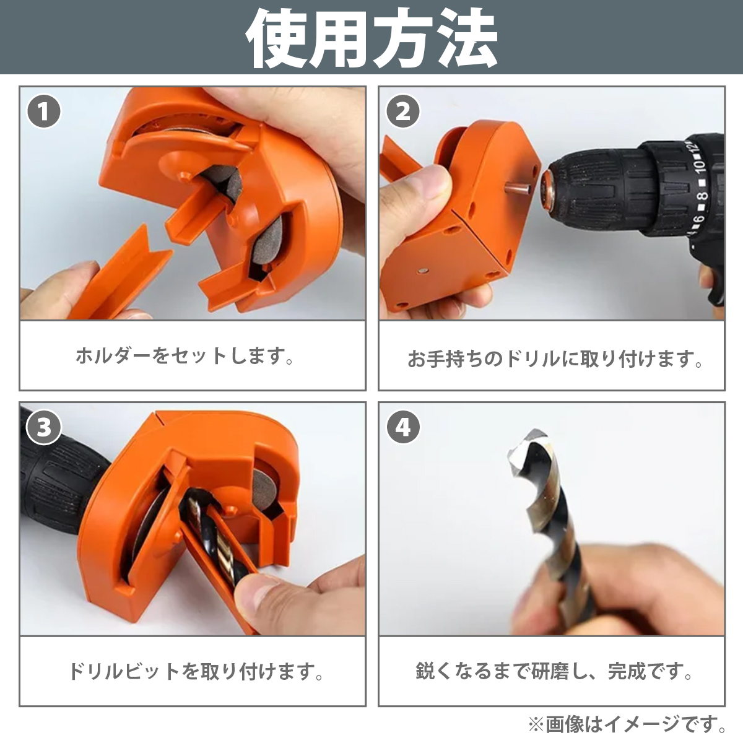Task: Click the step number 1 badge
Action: (x=43, y=112)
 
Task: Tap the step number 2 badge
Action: (x=403, y=112)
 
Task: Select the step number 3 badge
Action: (x=43, y=427)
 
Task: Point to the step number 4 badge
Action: (x=403, y=427)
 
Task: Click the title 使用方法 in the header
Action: (x=371, y=38)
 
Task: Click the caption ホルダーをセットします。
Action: (x=185, y=356)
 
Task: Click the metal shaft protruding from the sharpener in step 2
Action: (x=517, y=189)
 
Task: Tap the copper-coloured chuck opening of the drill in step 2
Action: (x=548, y=188)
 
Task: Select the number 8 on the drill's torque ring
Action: (x=703, y=196)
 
